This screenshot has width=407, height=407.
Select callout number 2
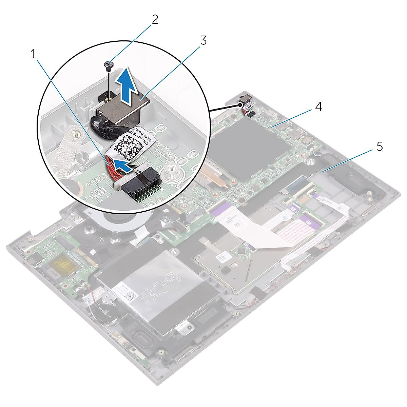(x=155, y=19)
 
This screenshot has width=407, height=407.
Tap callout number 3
(x=203, y=40)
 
